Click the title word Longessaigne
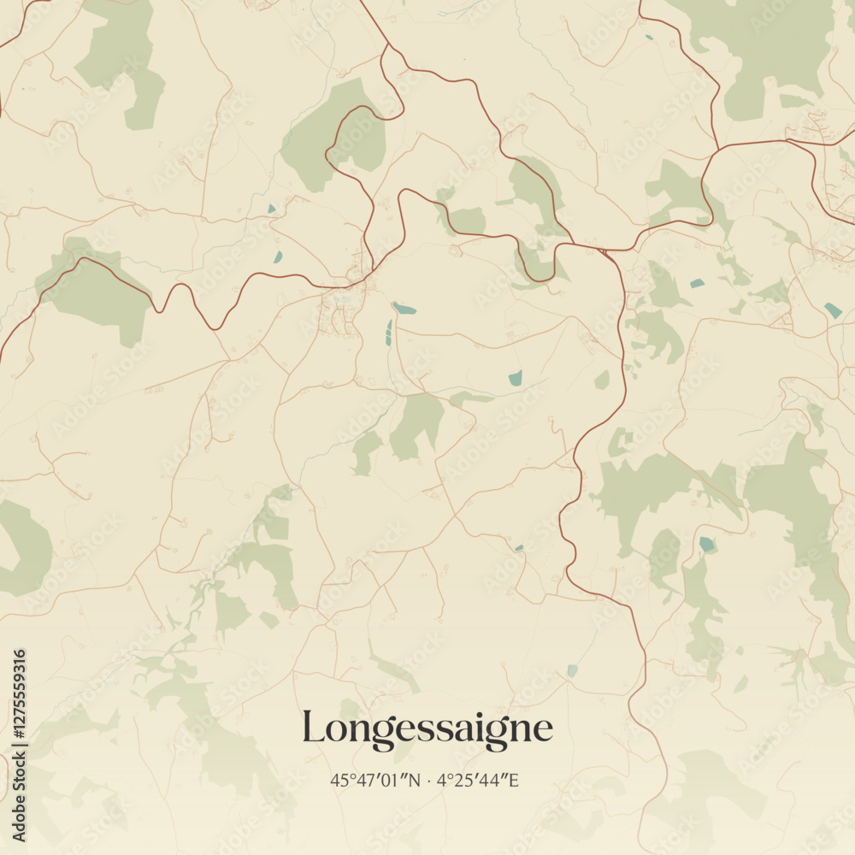tap(427, 729)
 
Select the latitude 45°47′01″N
tap(374, 780)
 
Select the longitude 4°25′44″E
tap(479, 780)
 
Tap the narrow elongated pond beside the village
tap(389, 333)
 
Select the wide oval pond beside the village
tap(404, 309)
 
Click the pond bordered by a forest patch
tap(706, 544)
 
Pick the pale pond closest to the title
tap(572, 671)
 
